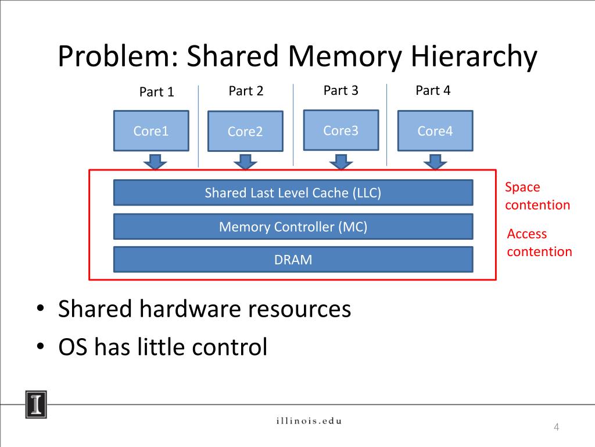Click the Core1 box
point(151,131)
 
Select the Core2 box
point(245,132)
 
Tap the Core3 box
point(341,130)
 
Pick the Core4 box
point(435,131)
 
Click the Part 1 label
point(156,92)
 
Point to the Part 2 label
point(246,91)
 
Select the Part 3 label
point(340,90)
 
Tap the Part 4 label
point(433,90)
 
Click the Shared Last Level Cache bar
point(293,193)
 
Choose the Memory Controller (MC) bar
point(293,226)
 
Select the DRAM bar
point(293,260)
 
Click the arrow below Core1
point(155,161)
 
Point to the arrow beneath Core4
point(435,161)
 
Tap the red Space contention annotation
point(537,196)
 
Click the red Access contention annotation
point(539,243)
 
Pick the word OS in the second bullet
point(73,347)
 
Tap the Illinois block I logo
point(36,403)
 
